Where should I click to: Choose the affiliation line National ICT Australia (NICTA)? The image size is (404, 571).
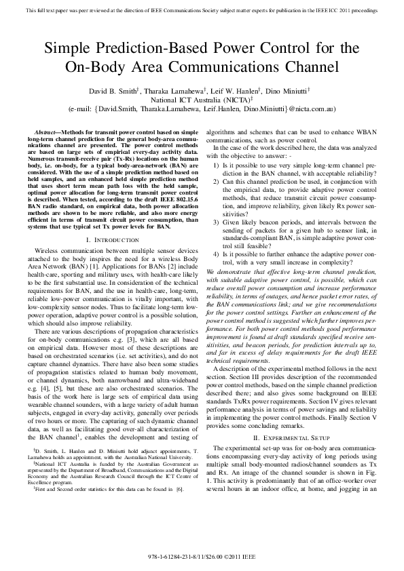pyautogui.click(x=202, y=98)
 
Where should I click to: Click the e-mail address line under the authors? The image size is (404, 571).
pyautogui.click(x=202, y=108)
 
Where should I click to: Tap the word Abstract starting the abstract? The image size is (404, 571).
pyautogui.click(x=47, y=130)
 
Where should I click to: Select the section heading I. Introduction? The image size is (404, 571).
pyautogui.click(x=109, y=241)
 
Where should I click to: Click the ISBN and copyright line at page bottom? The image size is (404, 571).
pyautogui.click(x=202, y=557)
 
